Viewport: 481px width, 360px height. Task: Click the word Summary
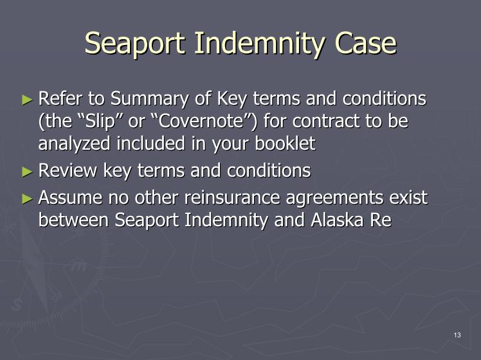(149, 100)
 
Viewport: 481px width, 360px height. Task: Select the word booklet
(285, 143)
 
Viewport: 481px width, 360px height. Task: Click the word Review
(68, 170)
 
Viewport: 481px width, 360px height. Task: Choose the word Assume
(70, 197)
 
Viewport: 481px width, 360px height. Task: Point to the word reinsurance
(232, 197)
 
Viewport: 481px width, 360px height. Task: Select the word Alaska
(337, 220)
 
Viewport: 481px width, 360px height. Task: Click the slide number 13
(457, 335)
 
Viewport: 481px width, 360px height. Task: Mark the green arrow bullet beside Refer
(27, 100)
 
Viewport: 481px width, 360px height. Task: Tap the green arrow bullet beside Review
(27, 172)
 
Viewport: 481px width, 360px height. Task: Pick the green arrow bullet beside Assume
(27, 199)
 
